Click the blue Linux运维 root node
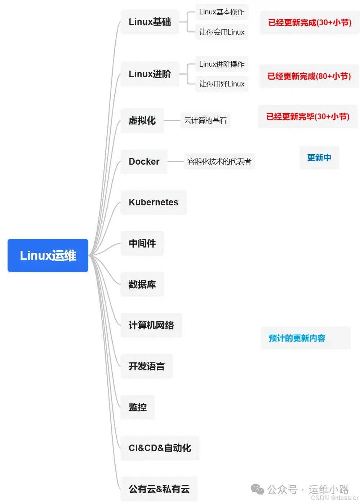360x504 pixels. coord(48,255)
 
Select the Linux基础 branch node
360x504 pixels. coord(150,22)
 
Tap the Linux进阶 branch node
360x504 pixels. coord(150,74)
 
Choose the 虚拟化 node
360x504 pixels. coord(142,120)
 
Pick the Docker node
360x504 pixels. coord(144,161)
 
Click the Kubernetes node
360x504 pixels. coord(154,202)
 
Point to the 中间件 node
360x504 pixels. coord(142,244)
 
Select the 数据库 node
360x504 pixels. coord(142,284)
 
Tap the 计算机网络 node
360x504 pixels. coord(151,325)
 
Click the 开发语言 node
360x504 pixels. coord(147,366)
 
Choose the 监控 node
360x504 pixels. coord(138,407)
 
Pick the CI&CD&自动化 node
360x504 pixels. coord(160,448)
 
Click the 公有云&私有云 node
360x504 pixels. coord(159,489)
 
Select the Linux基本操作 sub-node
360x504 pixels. coord(222,12)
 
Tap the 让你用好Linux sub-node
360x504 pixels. coord(222,84)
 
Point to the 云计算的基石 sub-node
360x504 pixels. coord(205,120)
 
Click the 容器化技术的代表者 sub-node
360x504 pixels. coord(219,161)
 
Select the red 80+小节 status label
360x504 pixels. coord(309,76)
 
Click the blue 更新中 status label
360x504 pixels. coord(319,158)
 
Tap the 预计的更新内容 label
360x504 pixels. coord(297,338)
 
